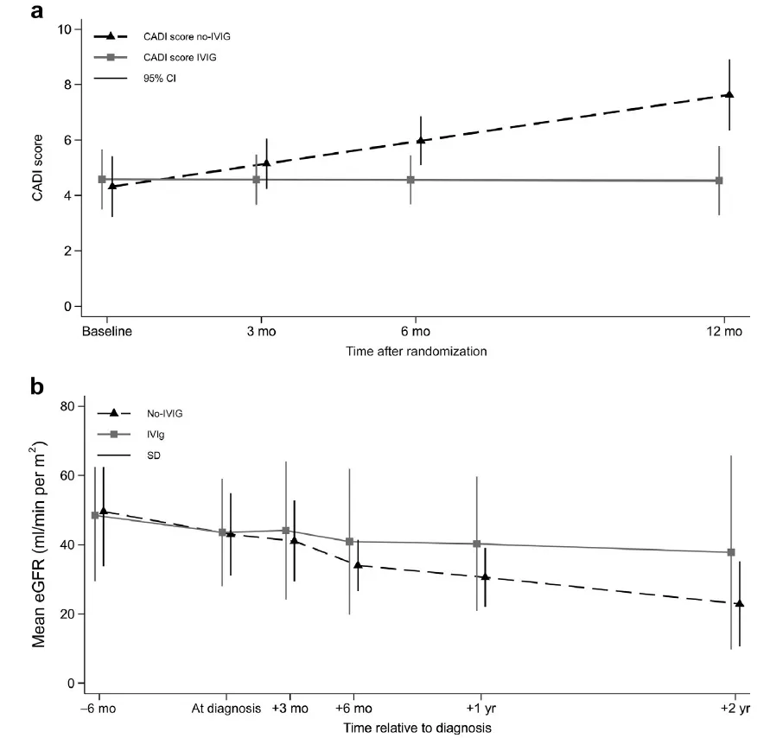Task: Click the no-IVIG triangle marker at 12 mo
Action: pyautogui.click(x=730, y=94)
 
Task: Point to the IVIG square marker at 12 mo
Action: pyautogui.click(x=720, y=181)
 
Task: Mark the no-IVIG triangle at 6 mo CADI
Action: pyautogui.click(x=421, y=140)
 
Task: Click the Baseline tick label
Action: pyautogui.click(x=106, y=331)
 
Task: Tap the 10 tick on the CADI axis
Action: pyautogui.click(x=64, y=29)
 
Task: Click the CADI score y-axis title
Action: pyautogui.click(x=37, y=168)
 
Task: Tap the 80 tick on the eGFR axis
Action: pyautogui.click(x=64, y=406)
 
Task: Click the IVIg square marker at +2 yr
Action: pyautogui.click(x=731, y=552)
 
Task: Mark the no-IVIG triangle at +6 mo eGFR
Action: pyautogui.click(x=357, y=565)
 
